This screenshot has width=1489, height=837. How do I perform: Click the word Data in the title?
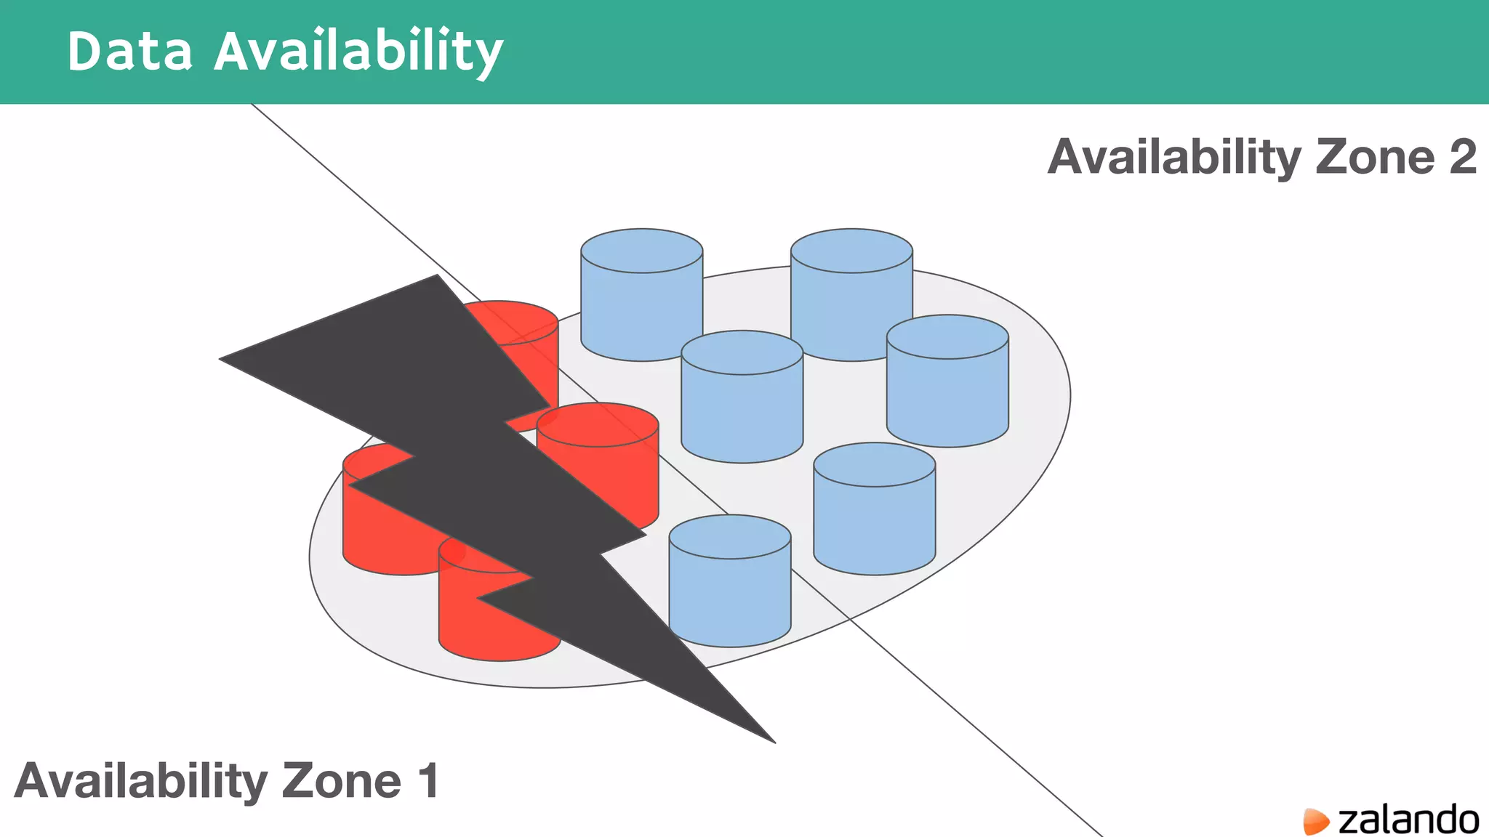pos(129,52)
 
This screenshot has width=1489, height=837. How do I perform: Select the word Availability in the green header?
pos(358,52)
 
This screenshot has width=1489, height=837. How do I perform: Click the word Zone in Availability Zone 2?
pos(1375,157)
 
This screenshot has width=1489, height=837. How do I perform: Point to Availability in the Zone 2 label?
pos(1173,157)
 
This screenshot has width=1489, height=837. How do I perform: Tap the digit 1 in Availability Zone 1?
pos(428,781)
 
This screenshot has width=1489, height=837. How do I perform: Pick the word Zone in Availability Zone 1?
pos(341,781)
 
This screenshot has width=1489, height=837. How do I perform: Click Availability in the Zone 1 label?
pos(140,781)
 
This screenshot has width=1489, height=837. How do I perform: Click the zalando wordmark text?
pos(1408,820)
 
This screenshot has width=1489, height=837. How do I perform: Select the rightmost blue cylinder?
pos(947,381)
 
